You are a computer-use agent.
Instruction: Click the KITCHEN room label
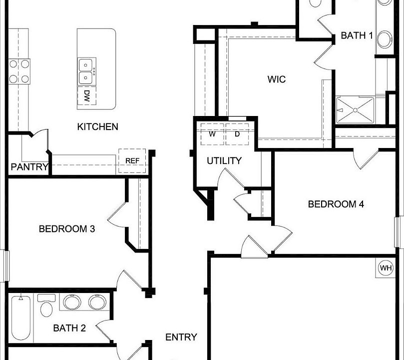point(97,126)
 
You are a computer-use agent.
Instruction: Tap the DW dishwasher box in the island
point(86,96)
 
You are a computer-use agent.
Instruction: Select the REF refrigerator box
point(132,160)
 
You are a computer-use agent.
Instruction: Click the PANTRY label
point(29,167)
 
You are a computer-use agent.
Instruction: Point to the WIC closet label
point(276,79)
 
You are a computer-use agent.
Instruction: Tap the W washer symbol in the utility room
point(212,134)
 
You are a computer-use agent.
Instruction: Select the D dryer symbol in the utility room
point(237,134)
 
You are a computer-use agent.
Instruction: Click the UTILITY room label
point(224,160)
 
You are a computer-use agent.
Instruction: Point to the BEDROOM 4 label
point(336,204)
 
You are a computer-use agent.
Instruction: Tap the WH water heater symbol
point(386,267)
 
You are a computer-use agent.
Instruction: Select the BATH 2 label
point(69,328)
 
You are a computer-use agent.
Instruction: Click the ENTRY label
point(181,337)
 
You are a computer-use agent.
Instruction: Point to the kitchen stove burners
point(18,71)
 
